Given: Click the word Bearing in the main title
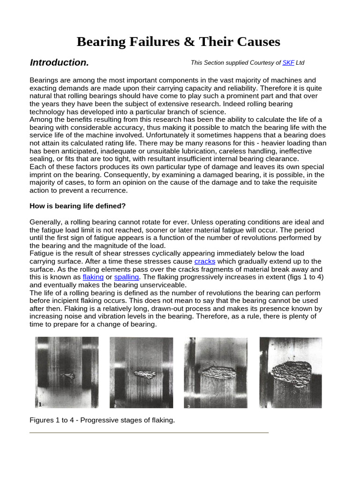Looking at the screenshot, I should tap(100, 42).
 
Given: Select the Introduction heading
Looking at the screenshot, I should tap(59, 63).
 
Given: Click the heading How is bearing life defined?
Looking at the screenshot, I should tap(78, 206).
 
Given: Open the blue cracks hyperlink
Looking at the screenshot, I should tap(204, 261).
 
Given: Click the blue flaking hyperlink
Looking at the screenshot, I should tap(93, 277).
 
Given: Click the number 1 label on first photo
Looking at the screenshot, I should tap(40, 404).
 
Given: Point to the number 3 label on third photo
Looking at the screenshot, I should tap(188, 406).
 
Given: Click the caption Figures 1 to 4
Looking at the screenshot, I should tap(102, 420).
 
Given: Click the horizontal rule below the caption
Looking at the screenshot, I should tap(149, 433).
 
